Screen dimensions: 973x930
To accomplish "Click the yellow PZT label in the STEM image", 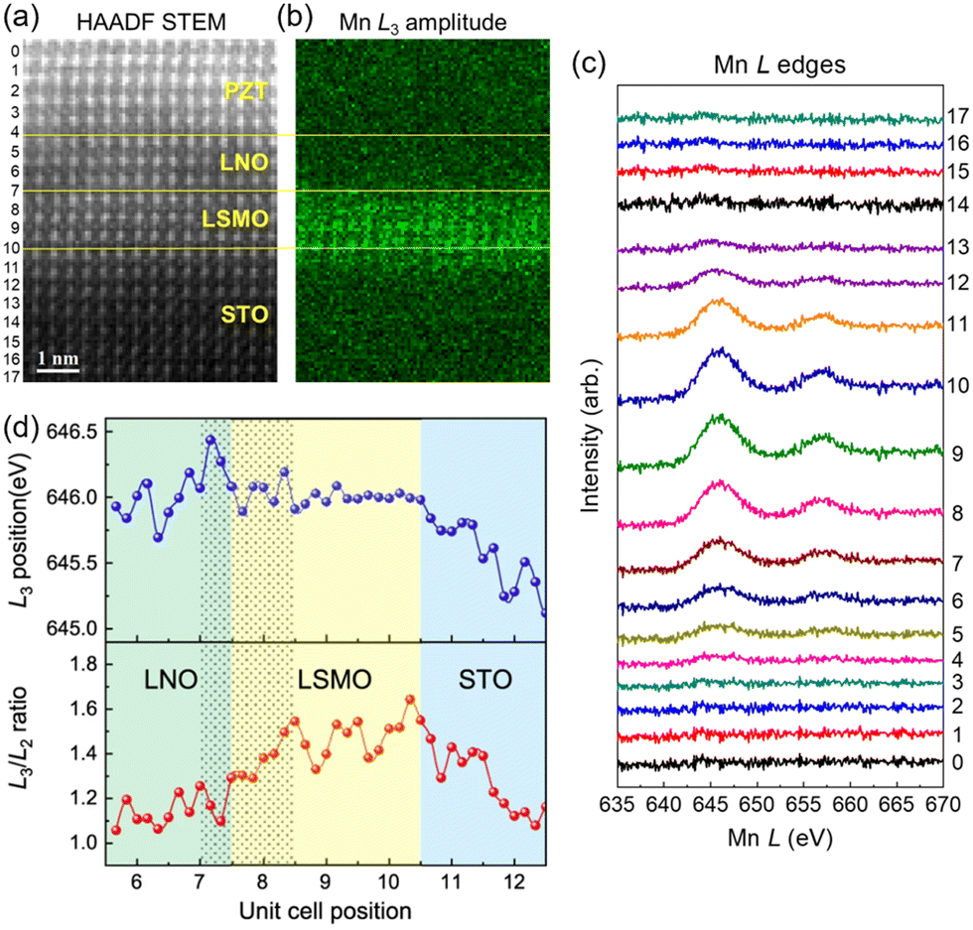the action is pyautogui.click(x=246, y=91).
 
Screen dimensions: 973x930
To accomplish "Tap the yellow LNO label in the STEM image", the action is pyautogui.click(x=244, y=163).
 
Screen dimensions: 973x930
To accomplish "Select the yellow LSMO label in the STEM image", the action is pyautogui.click(x=234, y=219).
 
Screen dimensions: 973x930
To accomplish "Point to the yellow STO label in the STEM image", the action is pyautogui.click(x=245, y=315).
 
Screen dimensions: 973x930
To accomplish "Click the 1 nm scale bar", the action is pyautogui.click(x=58, y=371).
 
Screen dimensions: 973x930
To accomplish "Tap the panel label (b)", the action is pyautogui.click(x=296, y=19).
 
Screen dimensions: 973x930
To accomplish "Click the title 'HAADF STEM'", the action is pyautogui.click(x=151, y=23).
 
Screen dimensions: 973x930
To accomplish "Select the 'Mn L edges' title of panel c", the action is pyautogui.click(x=779, y=65).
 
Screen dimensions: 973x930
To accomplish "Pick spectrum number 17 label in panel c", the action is pyautogui.click(x=958, y=116).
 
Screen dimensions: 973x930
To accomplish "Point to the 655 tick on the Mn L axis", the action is pyautogui.click(x=803, y=804).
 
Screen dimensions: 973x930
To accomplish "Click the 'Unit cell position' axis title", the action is pyautogui.click(x=326, y=911).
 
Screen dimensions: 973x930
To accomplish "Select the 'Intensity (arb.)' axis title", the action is pyautogui.click(x=590, y=435).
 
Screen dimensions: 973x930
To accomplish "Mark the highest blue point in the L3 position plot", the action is pyautogui.click(x=210, y=440).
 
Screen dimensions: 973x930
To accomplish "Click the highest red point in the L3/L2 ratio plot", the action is pyautogui.click(x=409, y=699).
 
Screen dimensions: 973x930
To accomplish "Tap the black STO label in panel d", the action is pyautogui.click(x=486, y=680).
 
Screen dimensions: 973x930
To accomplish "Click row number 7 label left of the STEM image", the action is pyautogui.click(x=15, y=191).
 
